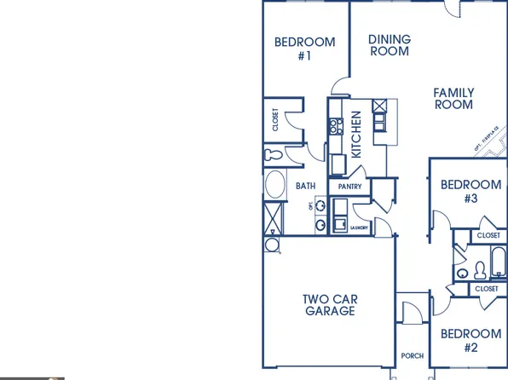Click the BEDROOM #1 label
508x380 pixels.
click(304, 49)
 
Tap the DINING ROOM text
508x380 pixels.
click(389, 45)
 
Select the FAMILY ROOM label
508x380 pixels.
click(453, 99)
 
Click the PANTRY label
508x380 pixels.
click(349, 187)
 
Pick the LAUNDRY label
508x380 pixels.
click(357, 227)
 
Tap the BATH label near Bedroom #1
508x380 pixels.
click(305, 186)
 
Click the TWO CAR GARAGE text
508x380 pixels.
click(329, 305)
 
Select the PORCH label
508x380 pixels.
click(412, 356)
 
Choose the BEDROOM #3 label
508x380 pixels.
click(470, 192)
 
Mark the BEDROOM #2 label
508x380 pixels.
click(470, 341)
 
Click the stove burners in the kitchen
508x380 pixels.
click(333, 128)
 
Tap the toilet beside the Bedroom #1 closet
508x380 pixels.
click(273, 155)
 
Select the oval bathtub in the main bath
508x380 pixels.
click(274, 185)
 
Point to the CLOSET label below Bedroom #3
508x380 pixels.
click(488, 235)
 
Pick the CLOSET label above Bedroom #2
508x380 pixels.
click(487, 289)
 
